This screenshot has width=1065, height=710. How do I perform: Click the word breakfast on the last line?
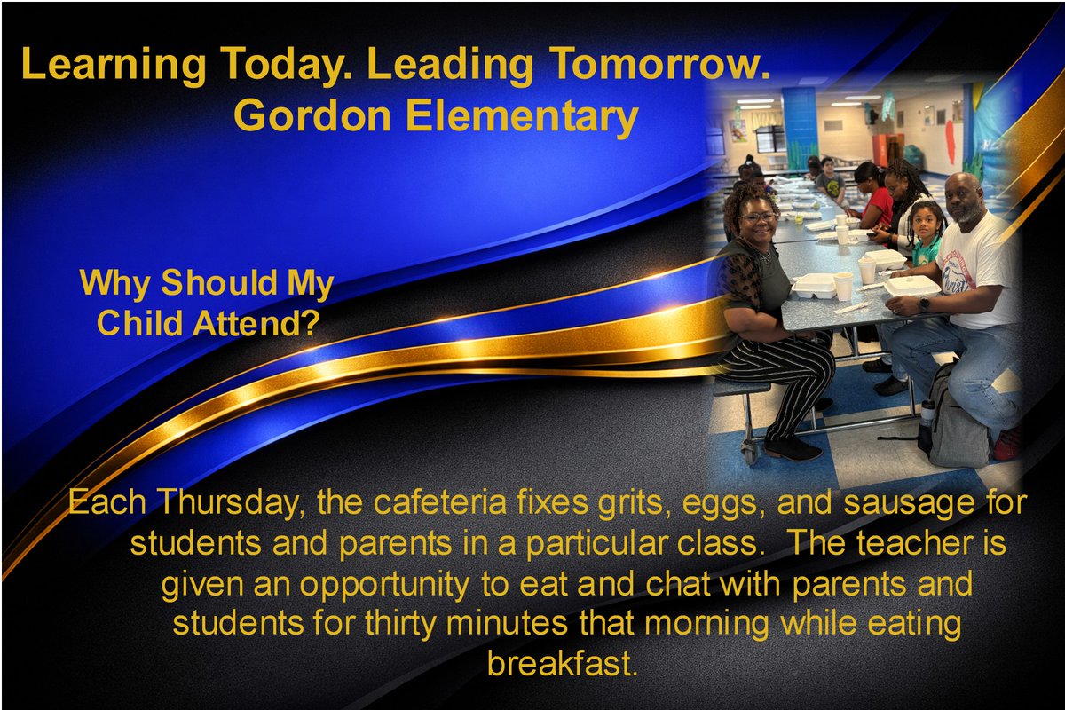[563, 663]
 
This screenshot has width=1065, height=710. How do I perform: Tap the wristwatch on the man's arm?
[925, 304]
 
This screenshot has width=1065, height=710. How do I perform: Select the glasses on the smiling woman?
[760, 217]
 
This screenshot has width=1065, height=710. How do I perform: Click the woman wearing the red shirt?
[874, 200]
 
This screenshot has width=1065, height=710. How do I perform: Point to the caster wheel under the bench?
[751, 455]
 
